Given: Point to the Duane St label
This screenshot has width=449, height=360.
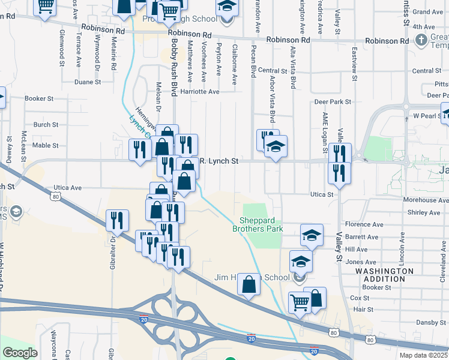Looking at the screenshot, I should click(88, 82).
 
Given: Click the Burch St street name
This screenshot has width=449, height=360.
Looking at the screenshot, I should click(46, 125).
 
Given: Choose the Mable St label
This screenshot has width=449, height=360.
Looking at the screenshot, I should click(46, 145).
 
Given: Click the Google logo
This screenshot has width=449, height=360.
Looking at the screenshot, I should click(20, 352).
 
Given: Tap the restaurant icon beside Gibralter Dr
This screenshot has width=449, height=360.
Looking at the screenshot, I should click(117, 220).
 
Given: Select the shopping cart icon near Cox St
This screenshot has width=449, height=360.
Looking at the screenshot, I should click(299, 302).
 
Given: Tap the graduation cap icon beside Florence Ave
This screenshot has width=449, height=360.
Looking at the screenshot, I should click(312, 236).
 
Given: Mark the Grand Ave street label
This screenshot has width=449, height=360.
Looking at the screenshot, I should click(428, 12).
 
